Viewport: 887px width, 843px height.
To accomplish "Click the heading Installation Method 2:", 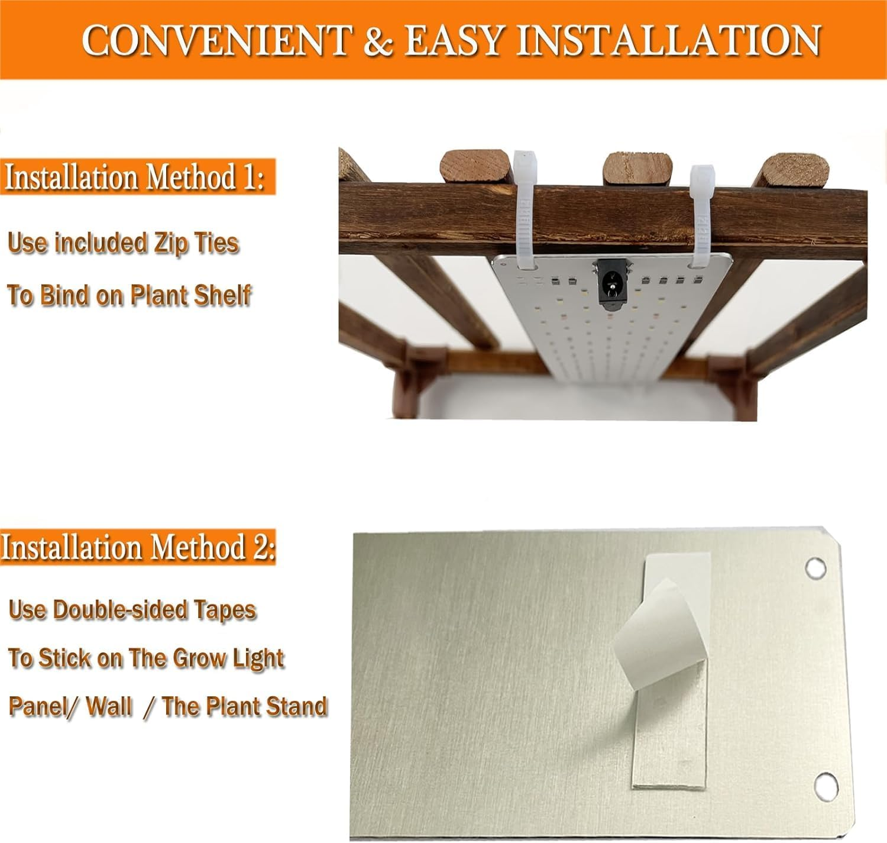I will (x=138, y=547).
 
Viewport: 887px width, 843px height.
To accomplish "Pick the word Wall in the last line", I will (x=109, y=706).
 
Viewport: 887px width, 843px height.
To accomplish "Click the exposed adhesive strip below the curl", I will (x=670, y=728).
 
